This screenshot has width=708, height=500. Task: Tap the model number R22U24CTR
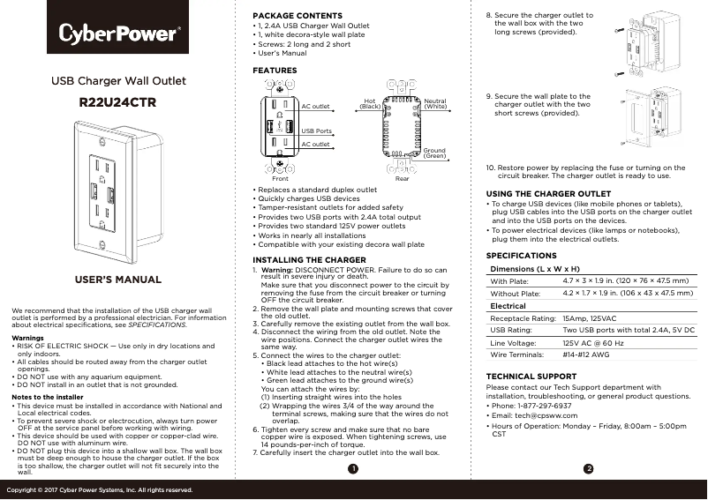click(x=117, y=103)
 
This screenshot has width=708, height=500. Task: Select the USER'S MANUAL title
click(x=117, y=280)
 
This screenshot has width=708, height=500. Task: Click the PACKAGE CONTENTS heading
click(x=297, y=16)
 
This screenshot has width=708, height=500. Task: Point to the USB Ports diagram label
click(x=317, y=131)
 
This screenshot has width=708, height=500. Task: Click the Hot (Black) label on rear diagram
click(x=370, y=104)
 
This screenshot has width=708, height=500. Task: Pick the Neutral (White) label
click(x=435, y=104)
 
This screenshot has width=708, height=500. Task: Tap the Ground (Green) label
click(x=434, y=153)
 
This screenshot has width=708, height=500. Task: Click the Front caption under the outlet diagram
click(x=281, y=178)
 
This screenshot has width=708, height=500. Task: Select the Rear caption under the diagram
click(x=402, y=178)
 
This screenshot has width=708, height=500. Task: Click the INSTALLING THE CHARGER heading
click(x=309, y=260)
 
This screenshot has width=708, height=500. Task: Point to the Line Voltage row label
click(x=513, y=342)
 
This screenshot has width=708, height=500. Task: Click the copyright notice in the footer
click(x=100, y=489)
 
